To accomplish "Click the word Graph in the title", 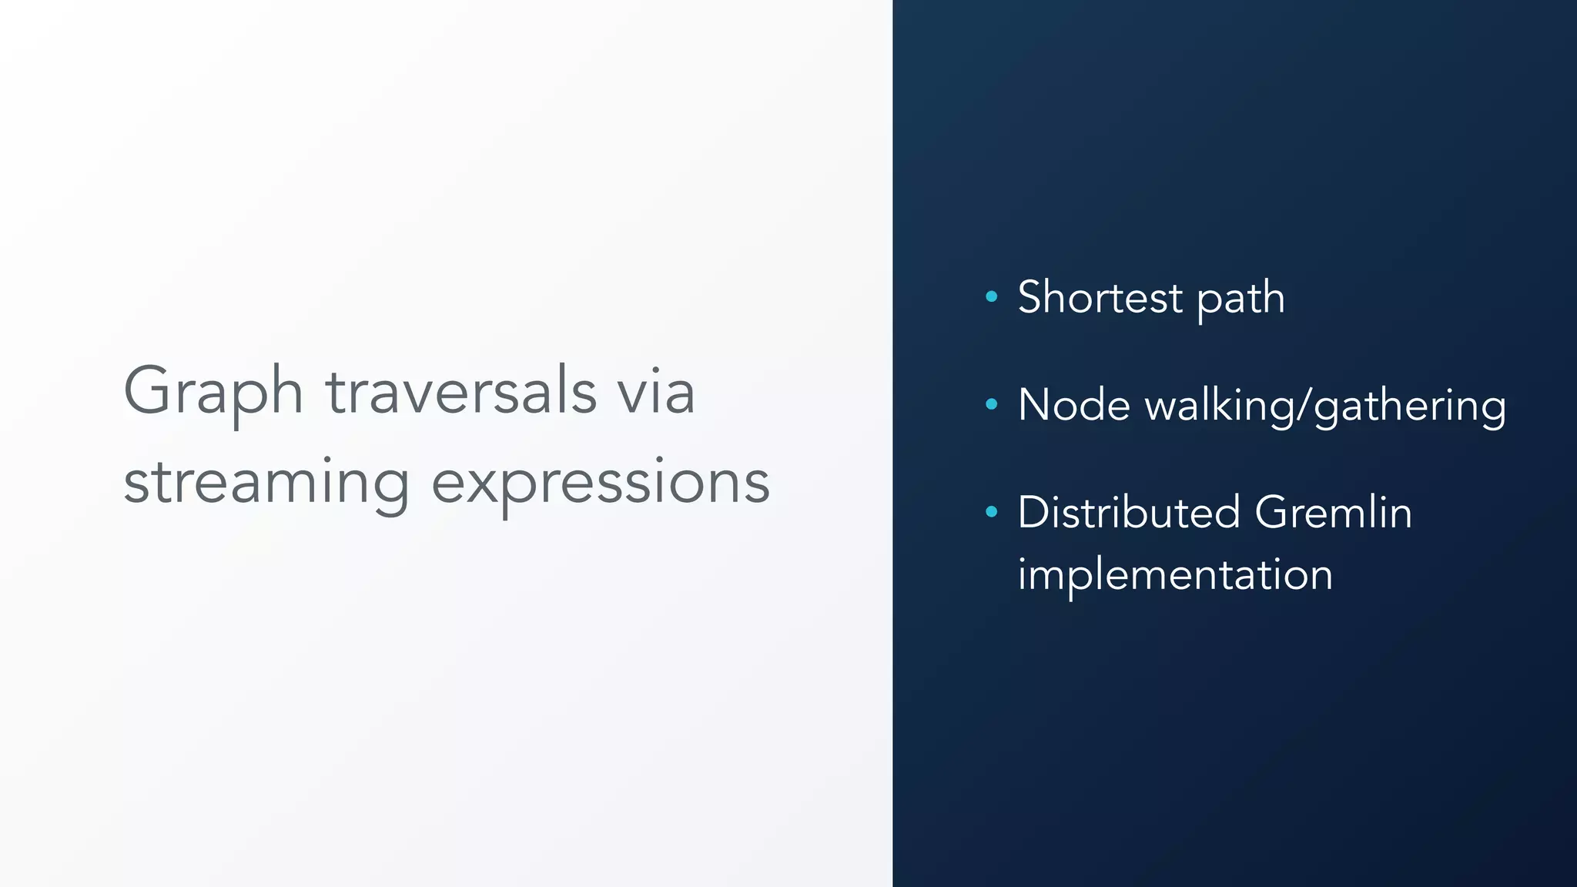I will (x=213, y=393).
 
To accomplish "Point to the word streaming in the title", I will (x=266, y=484).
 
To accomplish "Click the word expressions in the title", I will (x=600, y=484).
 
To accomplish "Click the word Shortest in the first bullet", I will (x=1100, y=297).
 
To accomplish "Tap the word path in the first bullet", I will (x=1241, y=299).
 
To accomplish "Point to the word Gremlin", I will (x=1333, y=513).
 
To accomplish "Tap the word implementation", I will (x=1174, y=574).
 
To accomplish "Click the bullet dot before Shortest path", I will (x=991, y=296).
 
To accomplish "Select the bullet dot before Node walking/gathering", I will (x=991, y=403).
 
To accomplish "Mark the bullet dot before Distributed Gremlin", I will (x=991, y=511).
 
